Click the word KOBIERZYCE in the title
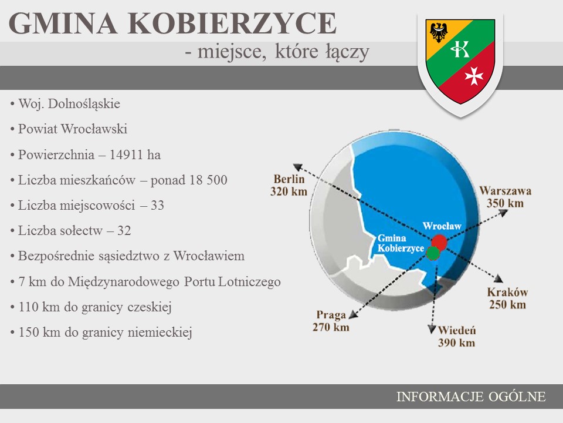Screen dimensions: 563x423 [x=232, y=23]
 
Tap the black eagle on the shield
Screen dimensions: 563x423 [x=439, y=32]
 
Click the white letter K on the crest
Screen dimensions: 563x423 [x=460, y=49]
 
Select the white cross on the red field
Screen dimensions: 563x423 [x=474, y=76]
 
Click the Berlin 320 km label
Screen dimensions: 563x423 [x=289, y=185]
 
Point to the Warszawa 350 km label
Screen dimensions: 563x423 [x=505, y=197]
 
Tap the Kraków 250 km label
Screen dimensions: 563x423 [x=507, y=298]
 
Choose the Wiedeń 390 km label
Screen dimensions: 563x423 [x=456, y=336]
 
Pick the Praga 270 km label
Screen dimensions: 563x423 [x=331, y=321]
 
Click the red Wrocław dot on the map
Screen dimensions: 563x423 [x=439, y=241]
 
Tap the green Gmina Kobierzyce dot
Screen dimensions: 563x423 [x=433, y=253]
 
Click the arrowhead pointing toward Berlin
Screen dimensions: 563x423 [x=297, y=167]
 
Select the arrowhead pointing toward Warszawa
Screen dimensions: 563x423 [x=503, y=213]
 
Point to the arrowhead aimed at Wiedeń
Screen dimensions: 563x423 [x=432, y=329]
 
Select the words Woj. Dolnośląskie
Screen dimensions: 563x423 [x=69, y=104]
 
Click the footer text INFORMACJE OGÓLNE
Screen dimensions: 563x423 [x=471, y=397]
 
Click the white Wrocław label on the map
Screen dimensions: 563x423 [x=442, y=226]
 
